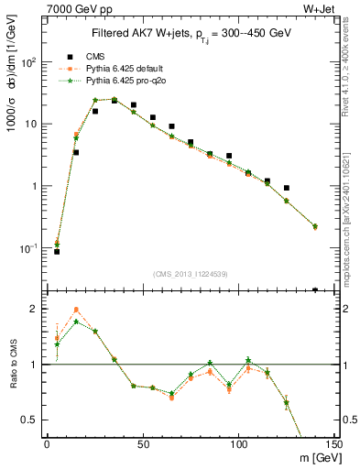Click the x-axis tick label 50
pos(143,442)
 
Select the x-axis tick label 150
pos(333,442)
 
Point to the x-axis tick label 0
pos(47,442)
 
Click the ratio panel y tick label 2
pos(34,309)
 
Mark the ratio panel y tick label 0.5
pos(30,420)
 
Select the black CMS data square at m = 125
pos(287,188)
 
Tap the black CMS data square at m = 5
pos(57,251)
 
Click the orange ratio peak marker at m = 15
pos(76,310)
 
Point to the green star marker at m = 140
pos(315,226)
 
